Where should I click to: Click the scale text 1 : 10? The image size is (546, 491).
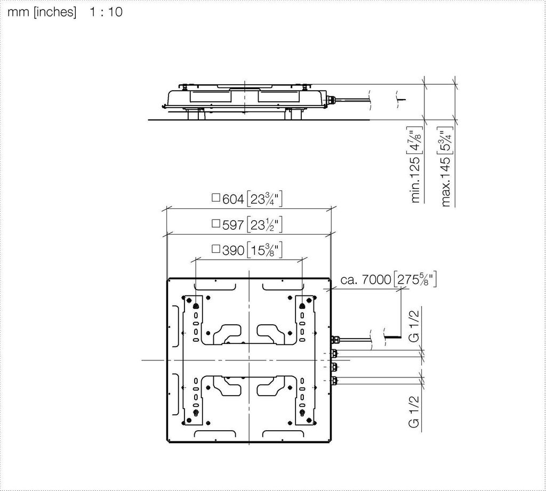click(106, 12)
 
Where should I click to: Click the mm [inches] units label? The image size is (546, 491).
click(42, 12)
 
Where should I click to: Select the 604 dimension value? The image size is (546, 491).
click(233, 199)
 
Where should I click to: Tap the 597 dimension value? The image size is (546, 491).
click(233, 225)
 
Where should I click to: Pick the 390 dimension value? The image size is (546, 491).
click(233, 251)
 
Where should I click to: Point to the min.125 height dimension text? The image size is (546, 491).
click(415, 180)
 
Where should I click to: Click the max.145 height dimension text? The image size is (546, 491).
click(446, 181)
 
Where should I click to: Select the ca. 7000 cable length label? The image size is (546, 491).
click(366, 280)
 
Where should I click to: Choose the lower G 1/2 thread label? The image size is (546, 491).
click(414, 412)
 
